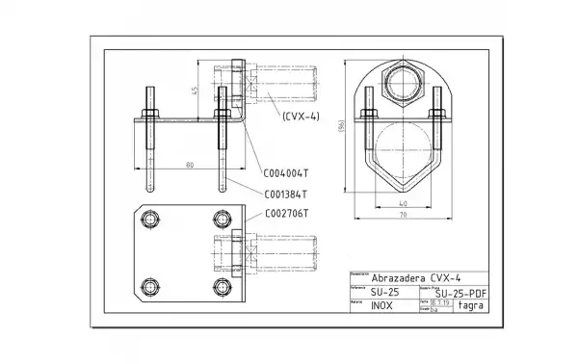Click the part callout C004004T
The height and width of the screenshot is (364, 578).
point(285,174)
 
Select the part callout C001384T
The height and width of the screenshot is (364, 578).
point(285,194)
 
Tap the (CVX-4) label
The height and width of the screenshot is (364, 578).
point(301,116)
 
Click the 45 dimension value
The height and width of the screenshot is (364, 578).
point(195,91)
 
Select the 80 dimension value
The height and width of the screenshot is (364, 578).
point(190,166)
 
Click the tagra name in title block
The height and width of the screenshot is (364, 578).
point(471,306)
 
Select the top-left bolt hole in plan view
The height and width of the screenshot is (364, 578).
point(150,221)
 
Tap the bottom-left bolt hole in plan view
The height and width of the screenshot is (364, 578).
point(150,286)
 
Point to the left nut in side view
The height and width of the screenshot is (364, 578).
point(150,114)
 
